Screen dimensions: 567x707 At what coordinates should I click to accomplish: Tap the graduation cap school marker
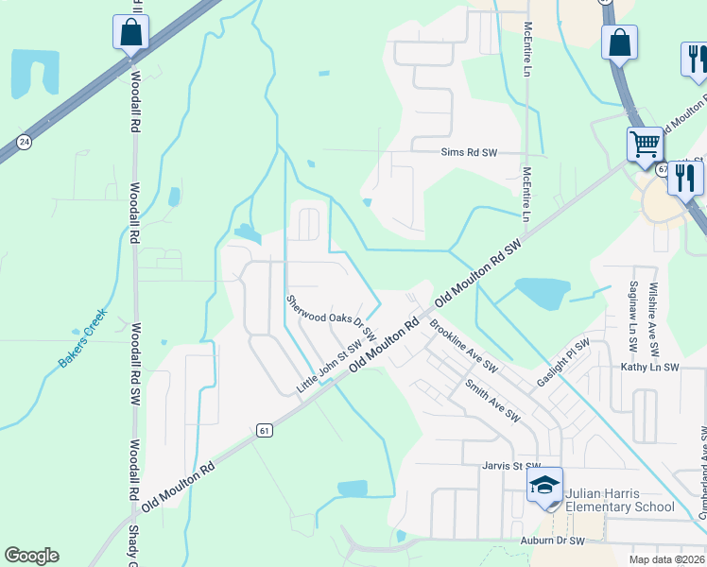pyautogui.click(x=545, y=486)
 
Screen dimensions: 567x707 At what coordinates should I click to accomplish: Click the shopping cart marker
pyautogui.click(x=645, y=146)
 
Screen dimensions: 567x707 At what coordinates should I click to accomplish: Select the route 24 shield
pyautogui.click(x=24, y=142)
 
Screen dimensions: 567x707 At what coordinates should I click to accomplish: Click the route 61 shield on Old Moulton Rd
pyautogui.click(x=264, y=430)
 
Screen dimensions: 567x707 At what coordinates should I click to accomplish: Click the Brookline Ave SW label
pyautogui.click(x=463, y=347)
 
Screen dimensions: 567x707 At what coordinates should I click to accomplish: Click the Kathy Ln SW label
pyautogui.click(x=649, y=367)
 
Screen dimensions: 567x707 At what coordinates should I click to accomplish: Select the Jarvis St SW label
pyautogui.click(x=510, y=466)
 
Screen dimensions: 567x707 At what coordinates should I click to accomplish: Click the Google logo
pyautogui.click(x=32, y=556)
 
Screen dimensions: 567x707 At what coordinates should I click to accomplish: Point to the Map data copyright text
pyautogui.click(x=665, y=559)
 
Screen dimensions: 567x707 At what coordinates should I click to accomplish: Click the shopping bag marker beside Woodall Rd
pyautogui.click(x=130, y=32)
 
